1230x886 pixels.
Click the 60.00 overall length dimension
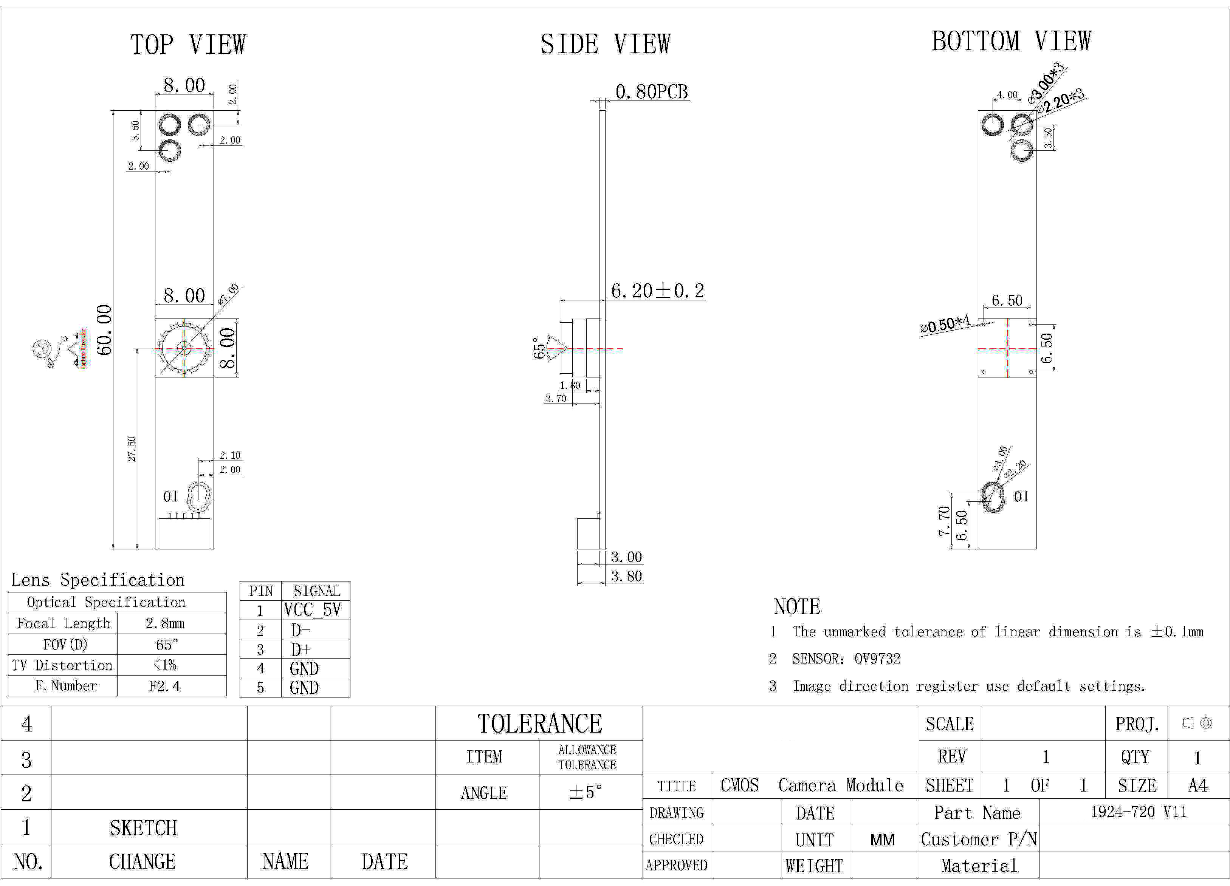[x=104, y=330]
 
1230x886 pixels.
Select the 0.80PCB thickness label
[x=651, y=92]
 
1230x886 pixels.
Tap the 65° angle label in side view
[x=539, y=348]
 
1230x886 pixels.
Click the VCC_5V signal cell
[x=312, y=610]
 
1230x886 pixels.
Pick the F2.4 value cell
[x=164, y=686]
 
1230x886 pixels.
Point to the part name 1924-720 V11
[x=1139, y=812]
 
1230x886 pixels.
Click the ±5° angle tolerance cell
[x=586, y=792]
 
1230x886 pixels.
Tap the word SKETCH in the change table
[x=143, y=828]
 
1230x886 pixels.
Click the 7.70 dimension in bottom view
[x=944, y=521]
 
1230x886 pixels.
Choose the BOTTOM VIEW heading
[x=1011, y=41]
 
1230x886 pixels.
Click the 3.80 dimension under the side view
[x=626, y=577]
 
